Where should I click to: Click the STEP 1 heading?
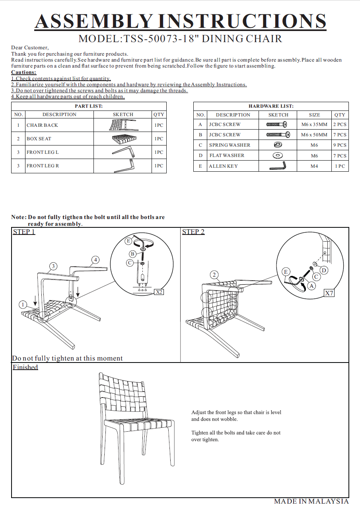tap(24, 232)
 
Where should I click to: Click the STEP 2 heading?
tap(193, 232)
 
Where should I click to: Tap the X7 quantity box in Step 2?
tap(329, 293)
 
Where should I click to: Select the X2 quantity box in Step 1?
tap(159, 292)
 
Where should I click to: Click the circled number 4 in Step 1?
tap(95, 260)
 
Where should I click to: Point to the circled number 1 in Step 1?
tap(23, 304)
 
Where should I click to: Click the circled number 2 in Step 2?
tap(214, 275)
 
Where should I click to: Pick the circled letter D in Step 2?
tap(324, 271)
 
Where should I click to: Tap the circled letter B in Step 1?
tap(132, 254)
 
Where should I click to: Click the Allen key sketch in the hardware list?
tap(278, 166)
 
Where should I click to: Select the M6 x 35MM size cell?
tap(314, 124)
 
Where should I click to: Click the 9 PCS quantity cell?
tap(340, 145)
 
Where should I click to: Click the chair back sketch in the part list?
tap(123, 125)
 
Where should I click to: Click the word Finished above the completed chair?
tap(25, 367)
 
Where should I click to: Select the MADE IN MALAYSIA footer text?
tap(311, 502)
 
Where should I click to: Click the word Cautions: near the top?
tap(23, 72)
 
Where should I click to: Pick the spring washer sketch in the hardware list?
tap(278, 145)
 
